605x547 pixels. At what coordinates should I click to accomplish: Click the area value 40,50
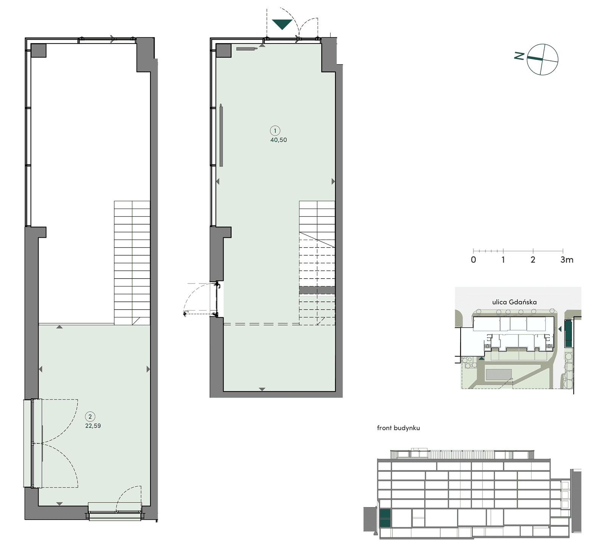tap(278, 140)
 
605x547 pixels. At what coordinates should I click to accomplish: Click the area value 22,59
tap(93, 426)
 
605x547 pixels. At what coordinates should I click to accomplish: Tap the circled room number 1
tap(275, 131)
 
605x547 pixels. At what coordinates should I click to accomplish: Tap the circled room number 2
tap(90, 417)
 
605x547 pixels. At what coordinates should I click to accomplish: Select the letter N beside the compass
tap(519, 56)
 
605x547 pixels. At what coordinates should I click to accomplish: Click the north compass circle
tap(543, 59)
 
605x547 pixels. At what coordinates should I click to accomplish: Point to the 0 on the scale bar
tap(473, 260)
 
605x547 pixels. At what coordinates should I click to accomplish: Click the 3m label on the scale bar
tap(567, 260)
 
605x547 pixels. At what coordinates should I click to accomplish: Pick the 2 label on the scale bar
tap(533, 260)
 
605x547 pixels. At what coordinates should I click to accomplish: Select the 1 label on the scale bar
tap(503, 260)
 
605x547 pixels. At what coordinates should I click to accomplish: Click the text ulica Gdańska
tap(514, 302)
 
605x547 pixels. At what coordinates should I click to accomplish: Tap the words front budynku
tap(399, 428)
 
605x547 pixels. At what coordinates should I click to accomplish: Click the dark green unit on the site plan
tap(568, 334)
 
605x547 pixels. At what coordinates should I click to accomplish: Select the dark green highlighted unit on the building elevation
tap(385, 518)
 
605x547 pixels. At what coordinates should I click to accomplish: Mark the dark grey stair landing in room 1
tap(317, 290)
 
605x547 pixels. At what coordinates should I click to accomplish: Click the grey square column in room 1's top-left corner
tap(223, 50)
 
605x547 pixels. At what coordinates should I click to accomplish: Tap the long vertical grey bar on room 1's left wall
tap(221, 136)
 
